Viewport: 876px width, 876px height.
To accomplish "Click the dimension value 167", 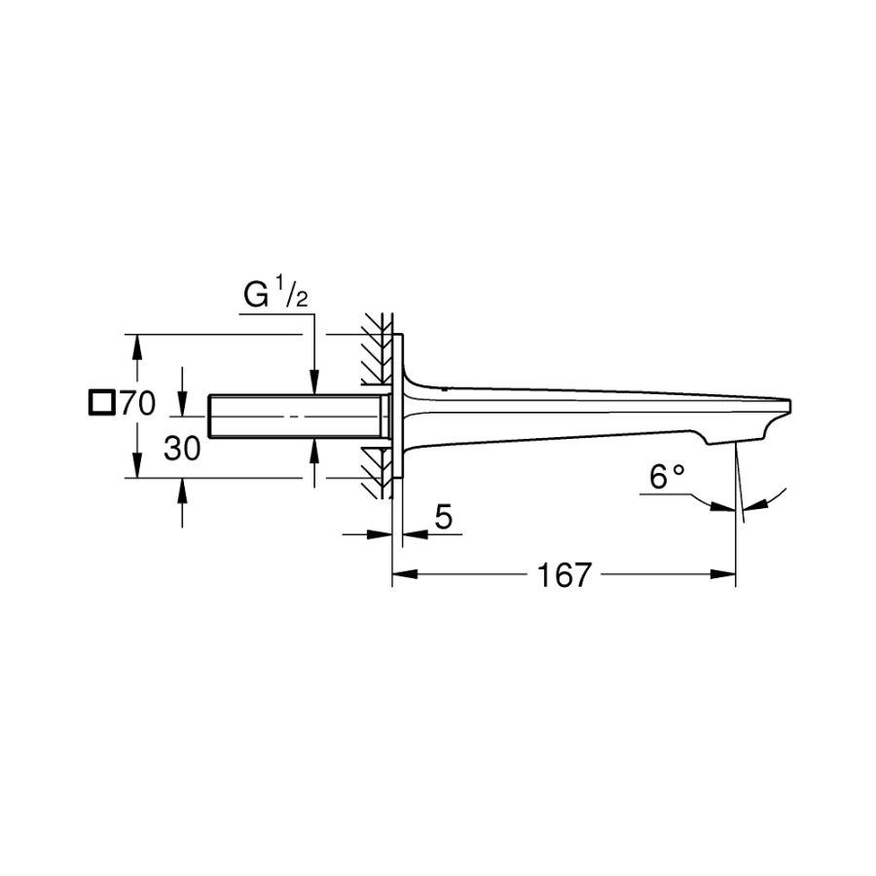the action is [564, 575].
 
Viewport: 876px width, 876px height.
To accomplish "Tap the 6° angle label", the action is [667, 477].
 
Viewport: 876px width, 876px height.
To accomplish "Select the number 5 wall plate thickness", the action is [443, 517].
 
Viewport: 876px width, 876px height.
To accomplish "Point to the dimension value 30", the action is [182, 449].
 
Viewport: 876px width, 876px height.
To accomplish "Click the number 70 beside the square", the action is [137, 403].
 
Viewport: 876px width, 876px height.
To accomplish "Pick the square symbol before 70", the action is [101, 403].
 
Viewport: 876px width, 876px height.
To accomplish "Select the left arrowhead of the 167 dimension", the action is [405, 574].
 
